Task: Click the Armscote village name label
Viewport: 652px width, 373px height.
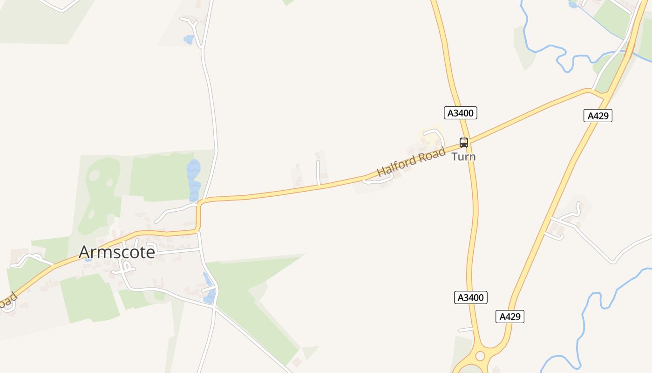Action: [x=116, y=252]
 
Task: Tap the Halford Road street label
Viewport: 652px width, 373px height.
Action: [x=411, y=162]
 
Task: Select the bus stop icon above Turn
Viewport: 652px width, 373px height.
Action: [x=463, y=143]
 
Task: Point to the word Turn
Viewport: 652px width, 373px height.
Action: [x=463, y=157]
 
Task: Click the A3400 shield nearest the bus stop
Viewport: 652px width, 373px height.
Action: [x=460, y=113]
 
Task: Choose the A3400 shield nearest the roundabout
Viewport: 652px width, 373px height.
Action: [x=470, y=297]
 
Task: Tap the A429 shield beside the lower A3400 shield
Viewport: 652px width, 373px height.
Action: [x=509, y=317]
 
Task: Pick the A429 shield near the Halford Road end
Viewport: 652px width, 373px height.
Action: [x=598, y=116]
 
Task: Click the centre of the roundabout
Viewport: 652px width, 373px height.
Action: [x=480, y=356]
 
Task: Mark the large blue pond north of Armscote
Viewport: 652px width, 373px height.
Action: [x=193, y=180]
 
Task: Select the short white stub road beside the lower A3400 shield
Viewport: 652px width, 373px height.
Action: [x=465, y=330]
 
